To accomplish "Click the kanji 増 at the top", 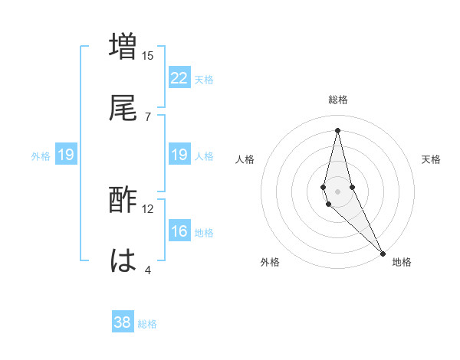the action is [x=123, y=46].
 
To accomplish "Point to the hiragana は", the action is [x=123, y=260].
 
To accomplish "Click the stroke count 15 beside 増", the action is [x=148, y=55].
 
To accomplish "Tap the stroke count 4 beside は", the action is [x=148, y=270].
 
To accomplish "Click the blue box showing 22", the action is [x=179, y=78].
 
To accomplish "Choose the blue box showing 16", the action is [x=179, y=231].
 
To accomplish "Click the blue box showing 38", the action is [x=123, y=322].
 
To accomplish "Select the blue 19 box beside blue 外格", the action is [x=66, y=155].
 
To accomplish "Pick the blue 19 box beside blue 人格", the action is [x=179, y=155].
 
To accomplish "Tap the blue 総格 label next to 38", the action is [x=147, y=324].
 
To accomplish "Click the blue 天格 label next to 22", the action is [x=204, y=80].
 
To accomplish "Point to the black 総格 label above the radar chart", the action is [x=338, y=100].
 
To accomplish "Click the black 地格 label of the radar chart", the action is [x=402, y=262].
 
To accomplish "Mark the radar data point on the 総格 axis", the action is [x=337, y=129].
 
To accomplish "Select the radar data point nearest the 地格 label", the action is [x=382, y=253].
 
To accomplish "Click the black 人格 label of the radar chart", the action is [x=245, y=159].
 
